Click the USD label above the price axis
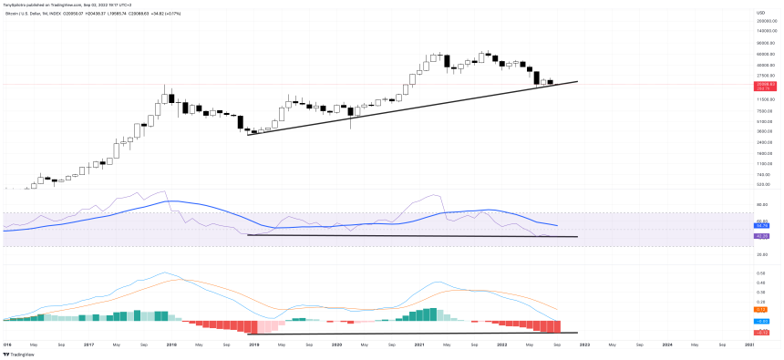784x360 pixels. [760, 12]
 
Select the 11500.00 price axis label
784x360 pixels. [764, 98]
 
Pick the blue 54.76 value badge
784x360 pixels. [760, 225]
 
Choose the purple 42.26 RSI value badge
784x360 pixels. [760, 236]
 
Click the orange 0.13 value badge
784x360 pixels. [760, 311]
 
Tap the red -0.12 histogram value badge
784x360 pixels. [760, 332]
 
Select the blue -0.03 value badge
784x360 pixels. [760, 321]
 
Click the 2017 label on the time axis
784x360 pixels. [88, 345]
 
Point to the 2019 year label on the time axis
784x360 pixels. [253, 345]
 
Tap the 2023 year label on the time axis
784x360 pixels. [584, 345]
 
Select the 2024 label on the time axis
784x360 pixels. [667, 345]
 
